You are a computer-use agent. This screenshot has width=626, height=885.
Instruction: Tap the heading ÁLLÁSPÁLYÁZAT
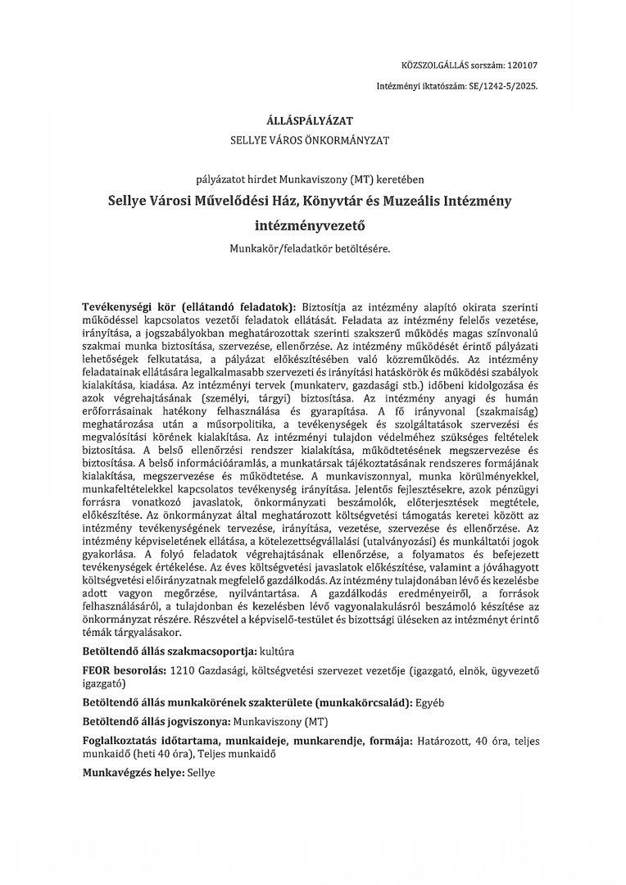coord(312,120)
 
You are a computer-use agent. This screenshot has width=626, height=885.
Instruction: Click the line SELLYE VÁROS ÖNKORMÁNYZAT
coord(312,139)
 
